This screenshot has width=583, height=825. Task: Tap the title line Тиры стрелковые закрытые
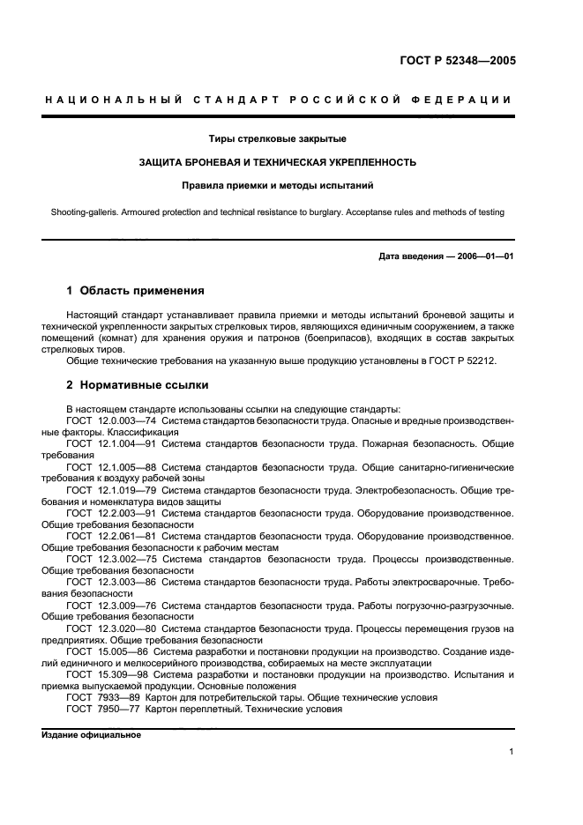coord(277,139)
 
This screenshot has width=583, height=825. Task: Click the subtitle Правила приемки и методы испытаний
coord(277,186)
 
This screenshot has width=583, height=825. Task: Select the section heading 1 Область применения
coord(136,290)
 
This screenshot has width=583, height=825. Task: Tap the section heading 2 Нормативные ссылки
coord(138,385)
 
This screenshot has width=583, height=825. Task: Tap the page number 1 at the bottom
coord(511,752)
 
